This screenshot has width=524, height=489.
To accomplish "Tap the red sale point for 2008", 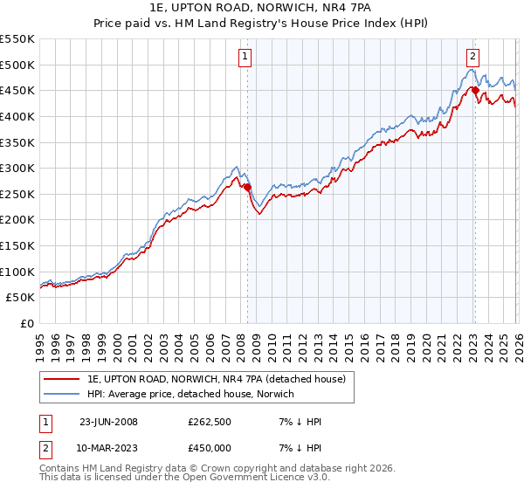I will click(247, 187).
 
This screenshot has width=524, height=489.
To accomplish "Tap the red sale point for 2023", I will click(474, 90).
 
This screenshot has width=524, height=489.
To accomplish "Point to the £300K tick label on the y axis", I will click(17, 168).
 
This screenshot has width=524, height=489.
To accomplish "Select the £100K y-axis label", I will click(17, 272).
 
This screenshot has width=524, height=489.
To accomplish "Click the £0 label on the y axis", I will click(26, 323).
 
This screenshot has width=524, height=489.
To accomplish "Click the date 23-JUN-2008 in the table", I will click(108, 422).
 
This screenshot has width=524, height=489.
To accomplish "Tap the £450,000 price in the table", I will click(210, 448).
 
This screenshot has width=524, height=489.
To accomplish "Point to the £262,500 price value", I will click(210, 422).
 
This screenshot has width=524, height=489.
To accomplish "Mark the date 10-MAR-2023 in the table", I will click(109, 448).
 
